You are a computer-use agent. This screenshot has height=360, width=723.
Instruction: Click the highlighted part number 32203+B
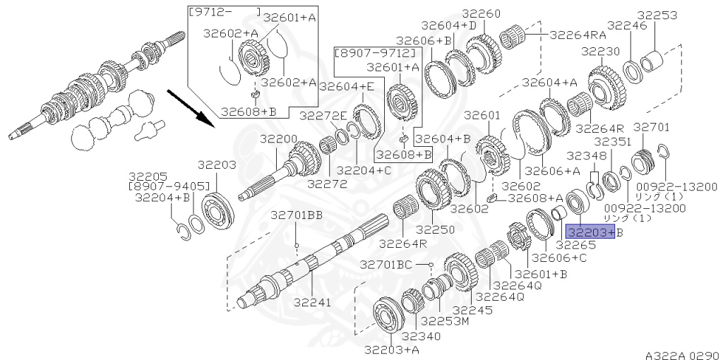590,232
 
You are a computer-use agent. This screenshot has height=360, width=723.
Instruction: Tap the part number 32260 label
482,14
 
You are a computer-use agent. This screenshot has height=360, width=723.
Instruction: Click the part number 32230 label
601,51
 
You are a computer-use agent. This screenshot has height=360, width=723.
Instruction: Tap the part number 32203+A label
392,349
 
